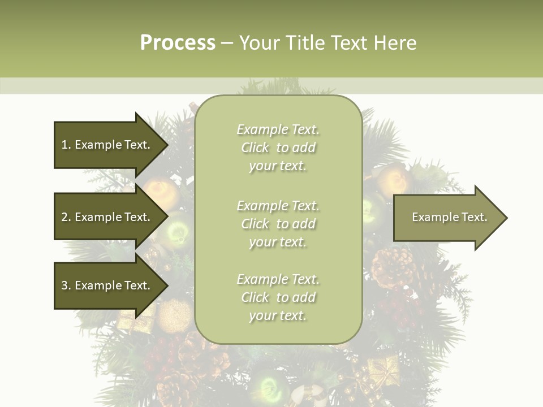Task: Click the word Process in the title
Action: tap(178, 43)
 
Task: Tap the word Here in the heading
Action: tap(394, 43)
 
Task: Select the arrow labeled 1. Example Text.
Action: tap(107, 145)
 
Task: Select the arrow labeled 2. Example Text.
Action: tap(107, 217)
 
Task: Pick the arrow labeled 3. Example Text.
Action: tap(107, 285)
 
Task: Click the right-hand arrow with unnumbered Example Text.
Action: tap(447, 218)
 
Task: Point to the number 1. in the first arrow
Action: tap(66, 145)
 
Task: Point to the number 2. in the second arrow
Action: tap(66, 218)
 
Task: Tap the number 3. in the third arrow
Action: tap(66, 286)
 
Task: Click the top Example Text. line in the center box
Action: tap(278, 129)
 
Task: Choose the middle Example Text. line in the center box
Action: tap(278, 206)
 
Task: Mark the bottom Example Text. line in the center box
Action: tap(278, 279)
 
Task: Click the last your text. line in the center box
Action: tap(278, 316)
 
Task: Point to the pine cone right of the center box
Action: tap(393, 266)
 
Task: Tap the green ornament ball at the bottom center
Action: tap(271, 387)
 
